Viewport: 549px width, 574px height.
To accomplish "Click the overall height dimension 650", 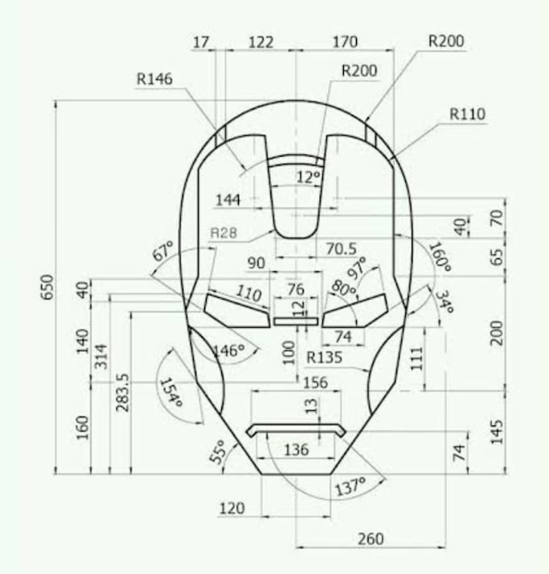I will point(47,287).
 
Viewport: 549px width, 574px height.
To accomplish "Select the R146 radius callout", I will point(156,79).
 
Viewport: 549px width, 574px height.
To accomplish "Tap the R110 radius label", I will point(468,115).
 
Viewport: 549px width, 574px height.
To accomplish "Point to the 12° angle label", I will point(308,177).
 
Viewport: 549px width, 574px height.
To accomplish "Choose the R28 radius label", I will point(224,233).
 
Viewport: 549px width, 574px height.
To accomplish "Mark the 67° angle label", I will point(164,252).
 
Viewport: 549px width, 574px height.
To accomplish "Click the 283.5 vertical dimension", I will point(123,392).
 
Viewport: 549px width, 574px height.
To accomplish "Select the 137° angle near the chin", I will point(350,486).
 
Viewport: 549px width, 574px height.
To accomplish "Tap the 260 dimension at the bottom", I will point(370,538).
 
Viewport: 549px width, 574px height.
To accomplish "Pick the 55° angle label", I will point(219,453).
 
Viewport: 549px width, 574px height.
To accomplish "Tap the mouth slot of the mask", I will point(296,429).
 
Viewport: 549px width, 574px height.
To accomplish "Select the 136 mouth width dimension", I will point(296,450).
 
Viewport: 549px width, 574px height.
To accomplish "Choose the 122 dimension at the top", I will point(260,42).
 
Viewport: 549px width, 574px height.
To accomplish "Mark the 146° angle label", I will point(228,350).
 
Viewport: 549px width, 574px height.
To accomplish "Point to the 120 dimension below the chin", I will point(232,508).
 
